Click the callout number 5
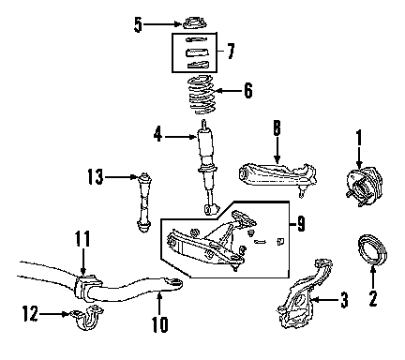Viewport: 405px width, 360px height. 138,24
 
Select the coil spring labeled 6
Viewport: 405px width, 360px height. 202,96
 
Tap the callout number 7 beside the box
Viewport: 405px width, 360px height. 231,52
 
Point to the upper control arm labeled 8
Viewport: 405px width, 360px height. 277,178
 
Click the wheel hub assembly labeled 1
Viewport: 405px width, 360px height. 364,187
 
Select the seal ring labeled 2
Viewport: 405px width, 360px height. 372,250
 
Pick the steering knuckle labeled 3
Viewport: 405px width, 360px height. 304,293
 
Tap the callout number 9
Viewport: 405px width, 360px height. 301,224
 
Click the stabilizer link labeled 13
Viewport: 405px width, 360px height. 144,202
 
